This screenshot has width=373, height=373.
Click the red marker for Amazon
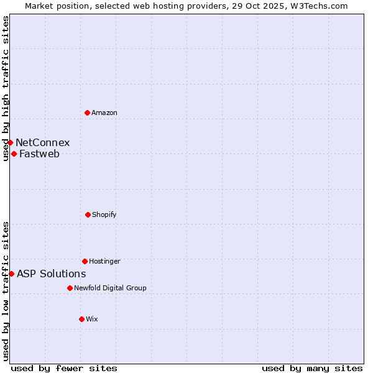[x=87, y=113]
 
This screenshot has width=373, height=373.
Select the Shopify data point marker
[x=88, y=214]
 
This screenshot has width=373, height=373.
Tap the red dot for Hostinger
[x=85, y=261]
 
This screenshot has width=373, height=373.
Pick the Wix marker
[x=81, y=319]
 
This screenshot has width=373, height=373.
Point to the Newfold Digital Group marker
[x=70, y=288]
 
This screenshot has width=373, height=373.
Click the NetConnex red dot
[x=10, y=142]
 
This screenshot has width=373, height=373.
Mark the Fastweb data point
[x=14, y=154]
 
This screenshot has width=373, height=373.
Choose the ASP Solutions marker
[x=11, y=274]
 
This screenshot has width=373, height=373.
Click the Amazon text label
[x=104, y=113]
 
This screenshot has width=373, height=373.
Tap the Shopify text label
[x=104, y=215]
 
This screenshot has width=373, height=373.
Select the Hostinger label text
[x=104, y=262]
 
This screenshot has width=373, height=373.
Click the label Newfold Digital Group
[x=110, y=288]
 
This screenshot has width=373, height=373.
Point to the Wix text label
[x=92, y=320]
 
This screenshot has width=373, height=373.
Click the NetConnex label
[x=43, y=143]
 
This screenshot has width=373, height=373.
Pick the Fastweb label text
[x=40, y=154]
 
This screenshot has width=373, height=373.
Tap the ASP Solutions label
[x=52, y=274]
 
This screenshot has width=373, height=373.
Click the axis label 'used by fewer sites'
[x=64, y=368]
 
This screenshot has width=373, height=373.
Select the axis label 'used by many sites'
[x=312, y=368]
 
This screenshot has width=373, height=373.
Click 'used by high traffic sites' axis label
[x=6, y=88]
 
